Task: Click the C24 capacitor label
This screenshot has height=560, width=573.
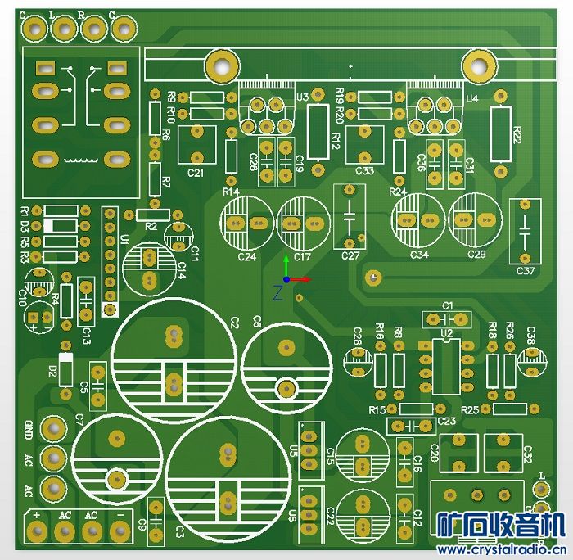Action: pyautogui.click(x=246, y=257)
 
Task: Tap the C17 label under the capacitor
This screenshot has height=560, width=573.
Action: pyautogui.click(x=303, y=257)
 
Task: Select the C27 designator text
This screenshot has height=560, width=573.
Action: pyautogui.click(x=350, y=256)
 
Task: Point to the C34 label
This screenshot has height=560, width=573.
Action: pyautogui.click(x=419, y=255)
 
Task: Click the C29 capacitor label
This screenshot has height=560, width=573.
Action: pyautogui.click(x=476, y=255)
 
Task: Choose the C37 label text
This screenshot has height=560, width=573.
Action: pyautogui.click(x=526, y=269)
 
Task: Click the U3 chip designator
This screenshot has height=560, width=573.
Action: pyautogui.click(x=303, y=97)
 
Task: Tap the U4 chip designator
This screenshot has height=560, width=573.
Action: pyautogui.click(x=472, y=98)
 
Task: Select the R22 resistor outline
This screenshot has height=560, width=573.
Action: pyautogui.click(x=501, y=133)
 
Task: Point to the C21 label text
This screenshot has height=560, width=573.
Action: pyautogui.click(x=196, y=173)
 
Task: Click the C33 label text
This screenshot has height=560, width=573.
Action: pyautogui.click(x=365, y=171)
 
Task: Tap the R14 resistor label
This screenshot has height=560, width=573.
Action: pyautogui.click(x=231, y=192)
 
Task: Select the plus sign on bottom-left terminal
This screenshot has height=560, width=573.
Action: pyautogui.click(x=37, y=514)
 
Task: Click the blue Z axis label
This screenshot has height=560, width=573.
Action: pyautogui.click(x=278, y=291)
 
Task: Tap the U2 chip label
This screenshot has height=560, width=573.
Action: pyautogui.click(x=446, y=334)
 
